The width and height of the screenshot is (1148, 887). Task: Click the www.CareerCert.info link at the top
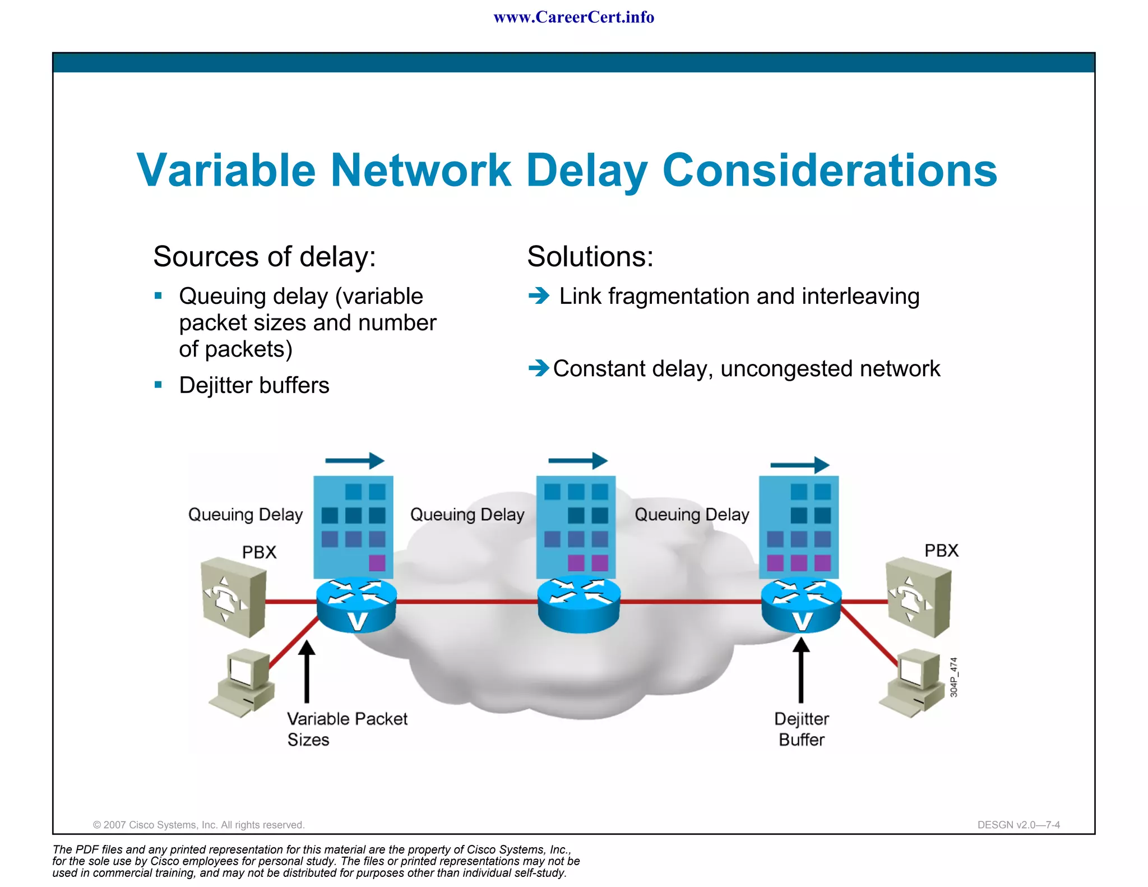573,17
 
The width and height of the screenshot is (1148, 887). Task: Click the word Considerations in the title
830,170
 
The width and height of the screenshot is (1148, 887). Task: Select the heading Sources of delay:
264,257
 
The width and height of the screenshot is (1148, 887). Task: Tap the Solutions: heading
590,257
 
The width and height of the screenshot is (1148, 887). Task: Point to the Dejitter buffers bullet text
254,386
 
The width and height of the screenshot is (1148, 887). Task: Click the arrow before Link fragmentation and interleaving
539,295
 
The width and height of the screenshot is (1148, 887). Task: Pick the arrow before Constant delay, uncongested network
539,368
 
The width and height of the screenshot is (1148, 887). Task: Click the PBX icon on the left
233,597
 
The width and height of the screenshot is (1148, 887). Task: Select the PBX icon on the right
918,597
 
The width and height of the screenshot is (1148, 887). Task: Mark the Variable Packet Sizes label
347,729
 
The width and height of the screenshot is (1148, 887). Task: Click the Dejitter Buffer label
802,729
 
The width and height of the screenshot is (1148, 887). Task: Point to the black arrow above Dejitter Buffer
801,670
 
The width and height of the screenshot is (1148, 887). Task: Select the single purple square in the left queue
377,562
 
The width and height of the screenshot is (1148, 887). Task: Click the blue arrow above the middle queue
578,461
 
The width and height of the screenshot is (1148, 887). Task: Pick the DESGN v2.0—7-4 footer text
1019,825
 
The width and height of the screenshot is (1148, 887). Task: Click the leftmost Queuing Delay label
246,515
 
